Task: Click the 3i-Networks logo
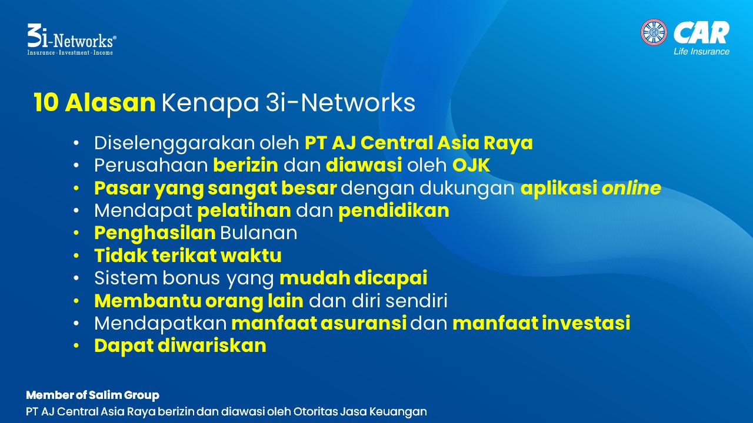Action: [72, 39]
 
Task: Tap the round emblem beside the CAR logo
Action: [654, 32]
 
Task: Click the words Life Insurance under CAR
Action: [701, 51]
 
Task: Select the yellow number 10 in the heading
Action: [46, 102]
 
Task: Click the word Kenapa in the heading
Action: [210, 103]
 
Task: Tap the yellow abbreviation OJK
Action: [471, 165]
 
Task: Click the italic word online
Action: [631, 187]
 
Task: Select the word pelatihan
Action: [244, 211]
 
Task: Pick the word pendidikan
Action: [394, 211]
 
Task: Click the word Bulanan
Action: [258, 233]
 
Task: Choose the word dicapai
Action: [391, 278]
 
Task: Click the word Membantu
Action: [148, 301]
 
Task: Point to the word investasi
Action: [586, 323]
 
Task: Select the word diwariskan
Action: [212, 345]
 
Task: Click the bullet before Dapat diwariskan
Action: [76, 346]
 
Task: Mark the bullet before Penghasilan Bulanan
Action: [76, 233]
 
